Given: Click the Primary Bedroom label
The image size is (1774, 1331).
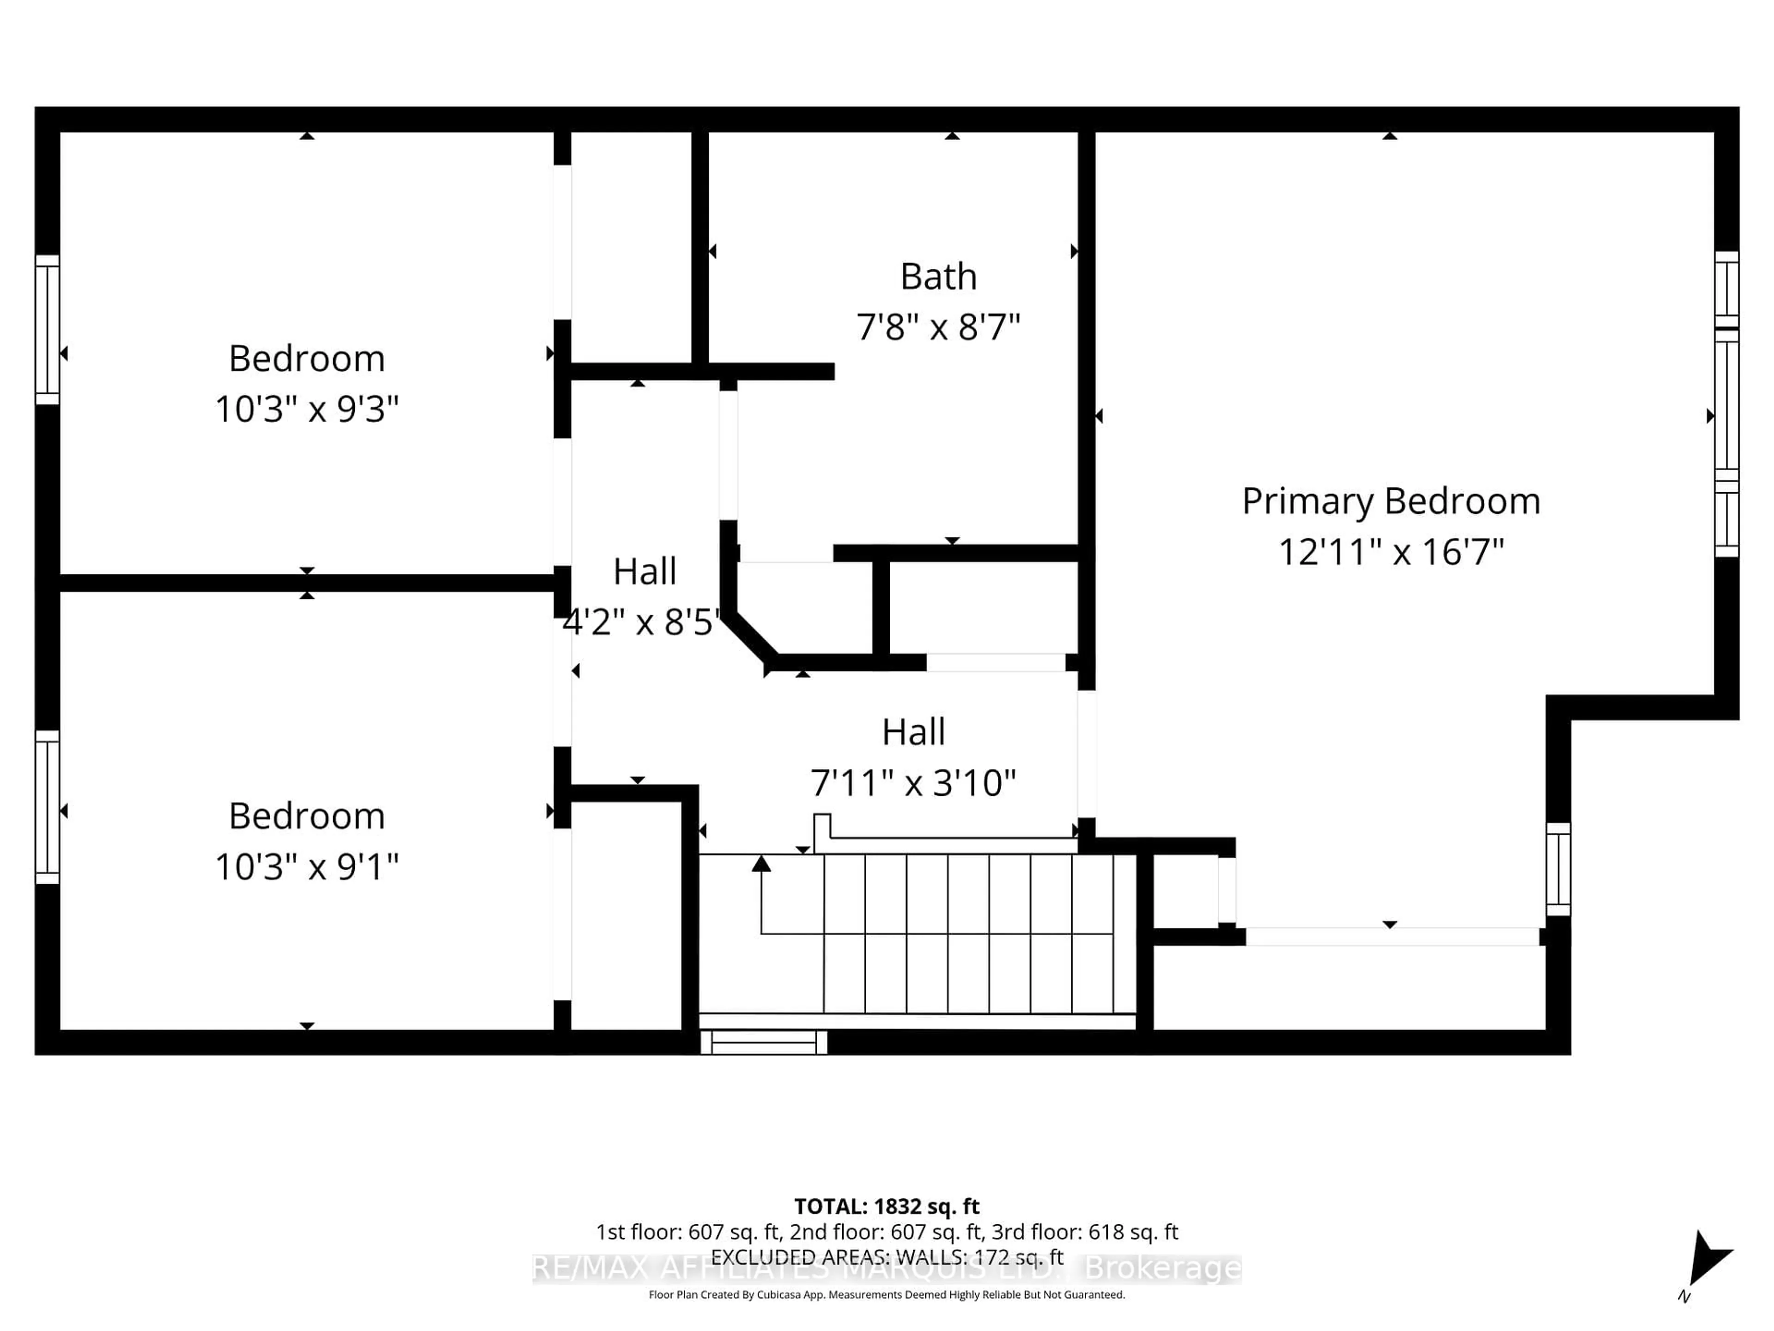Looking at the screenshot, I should pos(1391,501).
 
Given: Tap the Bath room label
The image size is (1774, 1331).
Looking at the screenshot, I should pos(938,277).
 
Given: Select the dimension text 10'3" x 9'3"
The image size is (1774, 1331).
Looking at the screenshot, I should pos(306,409).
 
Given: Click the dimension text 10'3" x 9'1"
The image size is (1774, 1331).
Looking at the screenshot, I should pos(306,867).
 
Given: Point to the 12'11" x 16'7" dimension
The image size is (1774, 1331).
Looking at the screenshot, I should pos(1391,552).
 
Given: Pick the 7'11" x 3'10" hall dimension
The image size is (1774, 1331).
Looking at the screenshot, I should pos(913,783).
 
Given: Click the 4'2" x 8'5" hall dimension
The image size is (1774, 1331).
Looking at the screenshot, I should pos(642,622).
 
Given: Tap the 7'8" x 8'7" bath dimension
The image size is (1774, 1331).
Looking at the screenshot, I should pos(938,327).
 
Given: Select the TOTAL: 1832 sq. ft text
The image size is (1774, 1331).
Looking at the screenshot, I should pos(886,1206).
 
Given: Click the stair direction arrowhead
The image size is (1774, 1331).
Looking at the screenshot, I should pos(761,863).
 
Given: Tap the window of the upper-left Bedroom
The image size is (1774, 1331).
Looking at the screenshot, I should pos(47,330).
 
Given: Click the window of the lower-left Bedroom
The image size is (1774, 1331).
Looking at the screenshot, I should pos(47,806).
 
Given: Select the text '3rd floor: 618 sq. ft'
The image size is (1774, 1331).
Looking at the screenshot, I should pos(1084,1232).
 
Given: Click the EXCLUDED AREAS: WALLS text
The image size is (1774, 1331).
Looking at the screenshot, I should pos(886,1257).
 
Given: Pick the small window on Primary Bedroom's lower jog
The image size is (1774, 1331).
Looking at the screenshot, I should pos(1557,869).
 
